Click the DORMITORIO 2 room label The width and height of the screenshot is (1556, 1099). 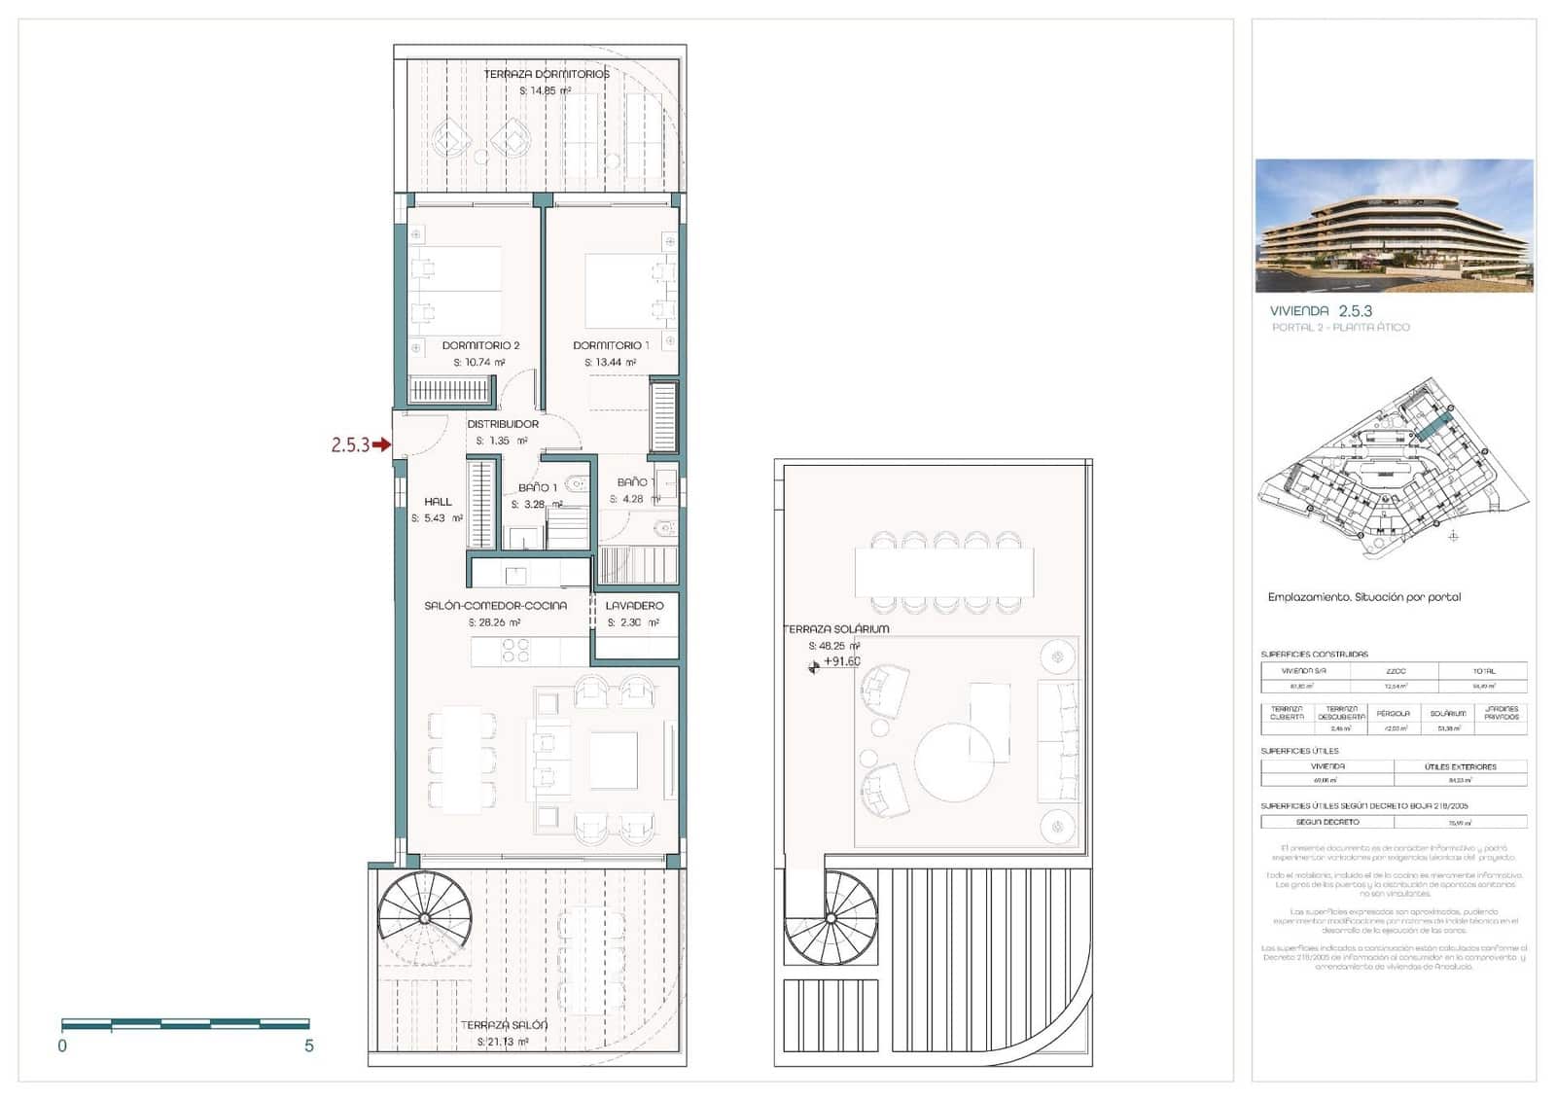pyautogui.click(x=480, y=345)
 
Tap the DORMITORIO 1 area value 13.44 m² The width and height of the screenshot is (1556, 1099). pyautogui.click(x=611, y=363)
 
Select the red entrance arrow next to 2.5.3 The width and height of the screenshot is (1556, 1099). pyautogui.click(x=381, y=444)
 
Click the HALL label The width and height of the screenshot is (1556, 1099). pyautogui.click(x=438, y=502)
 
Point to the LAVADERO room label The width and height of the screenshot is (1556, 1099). pyautogui.click(x=634, y=606)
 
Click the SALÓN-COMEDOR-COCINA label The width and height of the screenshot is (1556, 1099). pyautogui.click(x=495, y=606)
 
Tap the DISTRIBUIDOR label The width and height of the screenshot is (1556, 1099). pyautogui.click(x=503, y=424)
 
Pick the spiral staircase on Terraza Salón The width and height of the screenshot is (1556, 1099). pyautogui.click(x=424, y=917)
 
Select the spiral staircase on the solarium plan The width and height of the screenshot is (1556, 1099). pyautogui.click(x=831, y=917)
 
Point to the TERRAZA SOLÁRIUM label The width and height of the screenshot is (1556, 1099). pyautogui.click(x=835, y=629)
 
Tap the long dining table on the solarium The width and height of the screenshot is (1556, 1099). pyautogui.click(x=944, y=573)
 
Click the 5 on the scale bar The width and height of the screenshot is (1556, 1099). pyautogui.click(x=309, y=1046)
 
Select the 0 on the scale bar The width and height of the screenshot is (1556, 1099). pyautogui.click(x=62, y=1046)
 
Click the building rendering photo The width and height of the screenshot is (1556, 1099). pyautogui.click(x=1394, y=226)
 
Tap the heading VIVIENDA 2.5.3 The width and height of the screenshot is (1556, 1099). pyautogui.click(x=1321, y=311)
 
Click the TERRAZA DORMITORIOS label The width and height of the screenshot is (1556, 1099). pyautogui.click(x=547, y=74)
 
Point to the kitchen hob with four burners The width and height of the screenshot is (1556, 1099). pyautogui.click(x=515, y=651)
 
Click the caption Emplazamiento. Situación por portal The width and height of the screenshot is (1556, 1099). pyautogui.click(x=1363, y=597)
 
